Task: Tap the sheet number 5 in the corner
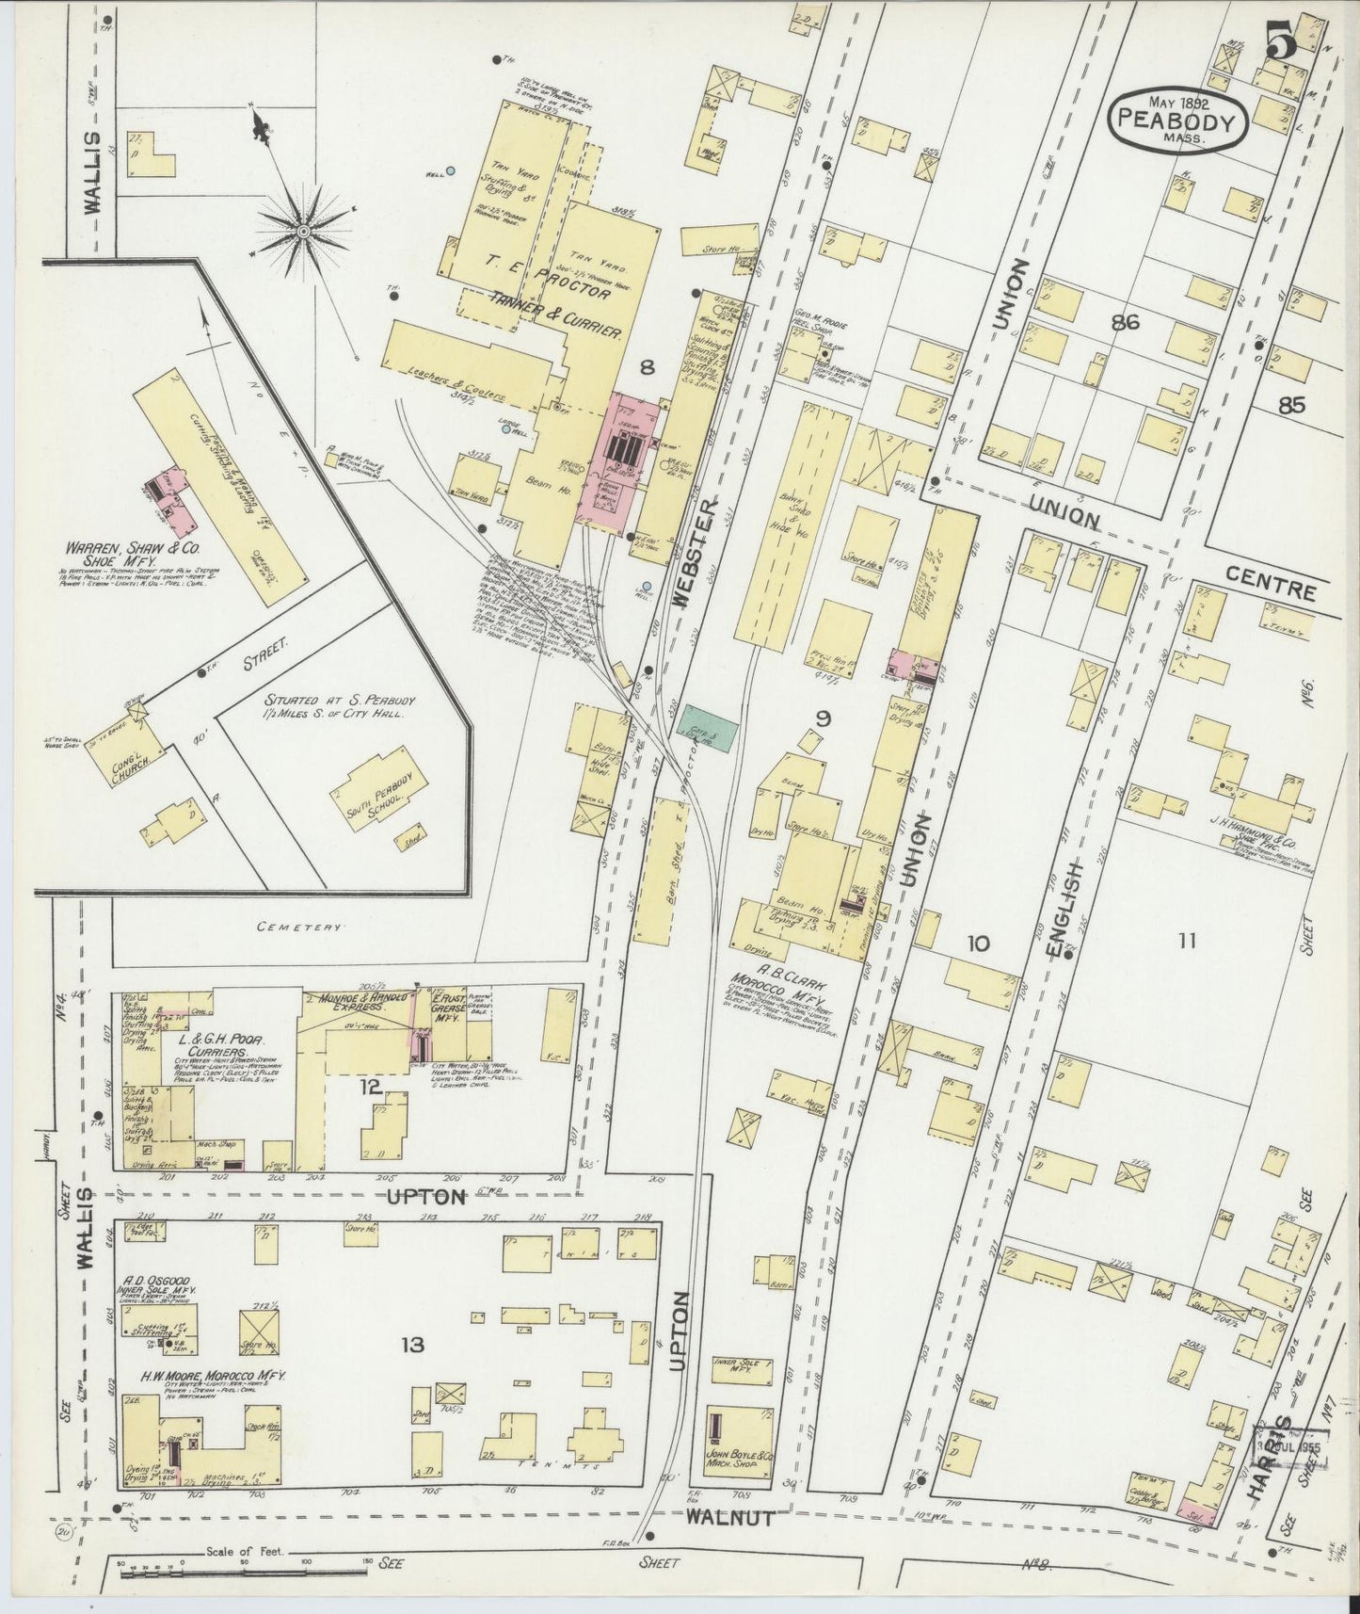(1281, 43)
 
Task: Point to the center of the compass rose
(304, 231)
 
